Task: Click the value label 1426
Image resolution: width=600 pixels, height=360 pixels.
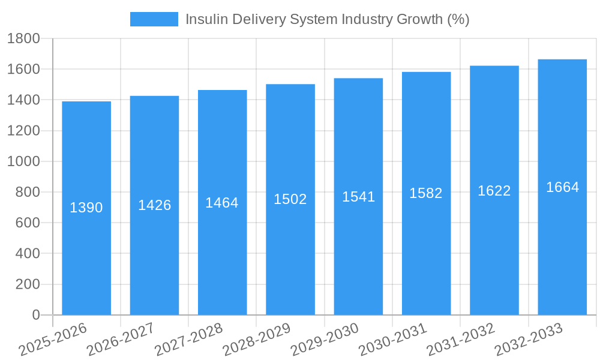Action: coord(155,205)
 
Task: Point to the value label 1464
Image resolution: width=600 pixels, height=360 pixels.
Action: coord(222,203)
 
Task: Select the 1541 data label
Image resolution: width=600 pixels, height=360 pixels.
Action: coord(359,197)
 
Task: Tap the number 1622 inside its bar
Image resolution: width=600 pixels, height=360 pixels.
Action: coord(494,191)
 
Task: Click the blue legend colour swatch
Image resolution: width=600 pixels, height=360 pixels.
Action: coord(154,19)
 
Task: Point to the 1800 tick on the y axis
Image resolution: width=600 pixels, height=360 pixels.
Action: coord(23,39)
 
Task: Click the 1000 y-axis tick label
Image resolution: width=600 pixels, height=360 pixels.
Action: coord(23,162)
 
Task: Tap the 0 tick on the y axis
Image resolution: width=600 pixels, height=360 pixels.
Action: coord(35,315)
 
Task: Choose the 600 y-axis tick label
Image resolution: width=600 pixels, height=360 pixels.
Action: coord(27,223)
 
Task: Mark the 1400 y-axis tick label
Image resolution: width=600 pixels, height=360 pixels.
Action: coord(23,100)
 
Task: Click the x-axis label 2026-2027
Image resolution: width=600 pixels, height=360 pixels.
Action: coord(121,339)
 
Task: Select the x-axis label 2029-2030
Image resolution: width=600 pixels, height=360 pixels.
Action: coord(325,339)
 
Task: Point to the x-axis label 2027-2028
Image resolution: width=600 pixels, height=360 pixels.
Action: coord(188,339)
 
